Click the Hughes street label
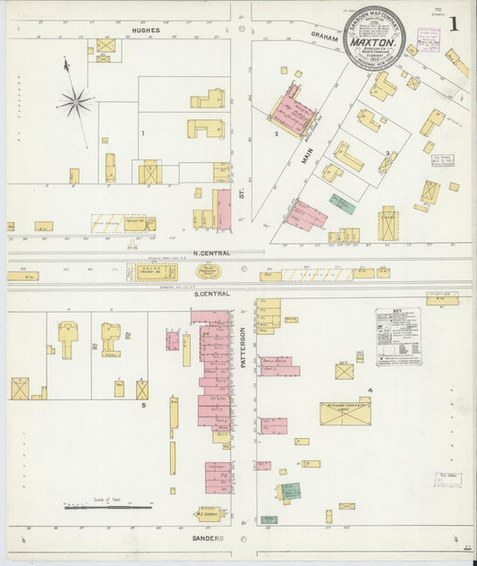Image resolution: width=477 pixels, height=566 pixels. (146, 30)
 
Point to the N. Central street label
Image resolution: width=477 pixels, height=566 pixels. (211, 253)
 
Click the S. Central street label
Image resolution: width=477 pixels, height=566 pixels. (211, 293)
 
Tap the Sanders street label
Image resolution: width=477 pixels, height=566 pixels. (206, 538)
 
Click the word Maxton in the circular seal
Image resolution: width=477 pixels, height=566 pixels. (374, 41)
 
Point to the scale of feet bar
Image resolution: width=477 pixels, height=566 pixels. (107, 507)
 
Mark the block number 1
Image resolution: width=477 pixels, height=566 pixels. (141, 133)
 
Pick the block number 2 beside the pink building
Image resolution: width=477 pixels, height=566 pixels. (277, 133)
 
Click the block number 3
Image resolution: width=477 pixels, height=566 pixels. (387, 153)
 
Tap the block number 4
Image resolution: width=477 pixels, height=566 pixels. (369, 390)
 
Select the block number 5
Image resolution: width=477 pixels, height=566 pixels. (143, 405)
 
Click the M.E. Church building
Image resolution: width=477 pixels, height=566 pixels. (209, 514)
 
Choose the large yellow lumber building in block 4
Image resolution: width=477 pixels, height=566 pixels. (344, 414)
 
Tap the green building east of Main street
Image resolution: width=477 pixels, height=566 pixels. (342, 203)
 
